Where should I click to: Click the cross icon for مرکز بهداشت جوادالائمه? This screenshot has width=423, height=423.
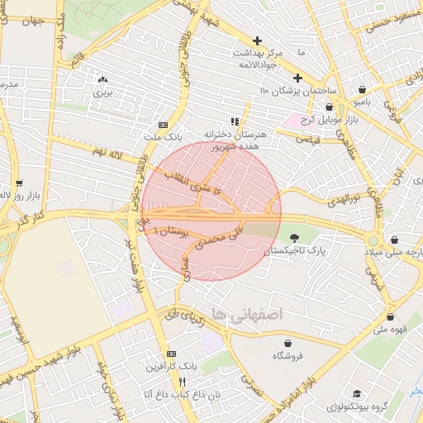pyautogui.click(x=257, y=40)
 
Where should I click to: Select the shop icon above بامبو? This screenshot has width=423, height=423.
pyautogui.click(x=363, y=89)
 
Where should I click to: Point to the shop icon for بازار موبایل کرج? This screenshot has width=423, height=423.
pyautogui.click(x=329, y=107)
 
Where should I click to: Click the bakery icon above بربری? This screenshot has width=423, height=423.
pyautogui.click(x=102, y=80)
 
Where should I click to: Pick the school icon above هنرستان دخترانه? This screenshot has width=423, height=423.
pyautogui.click(x=234, y=121)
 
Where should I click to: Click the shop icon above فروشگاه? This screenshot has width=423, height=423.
pyautogui.click(x=288, y=343)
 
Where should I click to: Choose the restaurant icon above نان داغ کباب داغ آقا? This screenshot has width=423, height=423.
pyautogui.click(x=182, y=382)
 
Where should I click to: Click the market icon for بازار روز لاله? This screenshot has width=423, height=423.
pyautogui.click(x=18, y=183)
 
